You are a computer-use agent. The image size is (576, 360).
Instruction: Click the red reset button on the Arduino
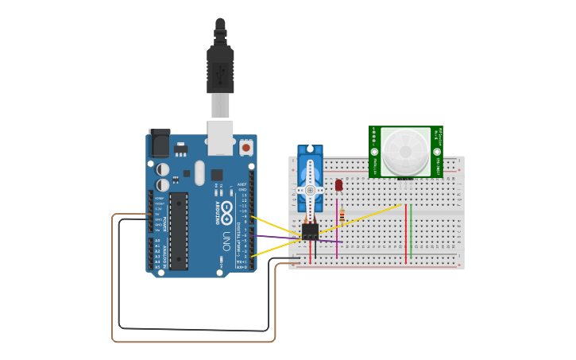tap(246, 147)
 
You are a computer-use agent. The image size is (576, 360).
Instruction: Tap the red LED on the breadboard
tap(338, 185)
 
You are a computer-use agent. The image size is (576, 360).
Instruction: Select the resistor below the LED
tap(342, 215)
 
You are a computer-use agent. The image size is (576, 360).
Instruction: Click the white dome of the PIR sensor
tap(405, 152)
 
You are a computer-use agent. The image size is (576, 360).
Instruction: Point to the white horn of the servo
tap(310, 191)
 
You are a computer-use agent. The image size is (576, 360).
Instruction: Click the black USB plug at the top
tap(220, 68)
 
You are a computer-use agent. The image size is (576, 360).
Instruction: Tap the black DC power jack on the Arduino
tap(159, 142)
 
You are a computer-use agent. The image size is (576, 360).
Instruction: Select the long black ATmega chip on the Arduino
tap(179, 230)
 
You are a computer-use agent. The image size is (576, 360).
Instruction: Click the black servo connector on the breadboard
tap(310, 231)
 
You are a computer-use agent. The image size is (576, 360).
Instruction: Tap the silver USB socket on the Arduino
tap(220, 135)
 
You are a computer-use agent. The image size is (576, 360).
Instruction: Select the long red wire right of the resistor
tap(405, 234)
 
